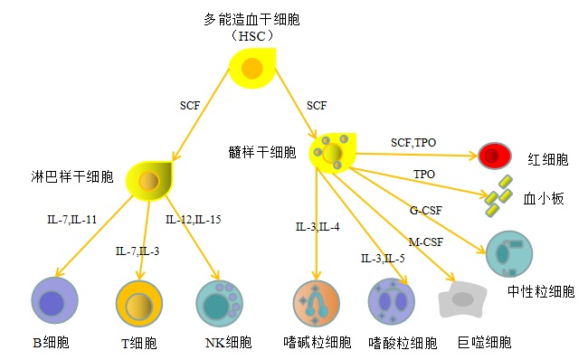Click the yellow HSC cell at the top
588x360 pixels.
(251, 69)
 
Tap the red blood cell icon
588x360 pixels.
(494, 156)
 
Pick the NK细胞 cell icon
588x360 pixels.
(220, 303)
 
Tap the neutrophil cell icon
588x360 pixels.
(509, 254)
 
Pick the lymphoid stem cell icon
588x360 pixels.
(148, 182)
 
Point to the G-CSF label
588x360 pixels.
(426, 211)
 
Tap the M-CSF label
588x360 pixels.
(425, 242)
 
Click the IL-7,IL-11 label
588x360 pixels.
(71, 219)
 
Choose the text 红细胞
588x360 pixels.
(548, 160)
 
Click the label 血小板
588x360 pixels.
(544, 199)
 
